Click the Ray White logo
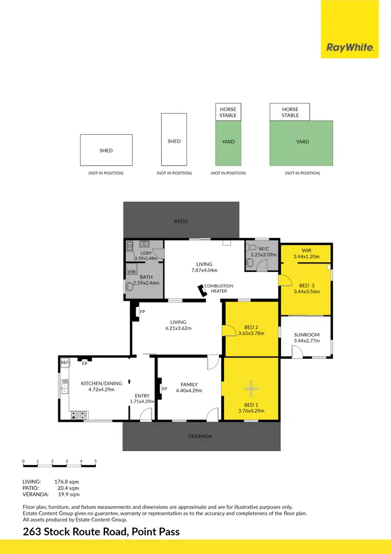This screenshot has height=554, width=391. tap(350, 48)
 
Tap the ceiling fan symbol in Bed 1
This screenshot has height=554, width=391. tap(251, 387)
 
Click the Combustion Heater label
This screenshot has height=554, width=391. tap(218, 288)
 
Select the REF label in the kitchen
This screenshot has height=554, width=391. tap(64, 362)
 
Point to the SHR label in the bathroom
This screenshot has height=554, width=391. tap(131, 272)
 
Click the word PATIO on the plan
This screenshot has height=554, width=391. tap(181, 221)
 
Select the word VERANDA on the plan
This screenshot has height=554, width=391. tap(201, 436)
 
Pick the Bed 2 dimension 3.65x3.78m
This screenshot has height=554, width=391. tap(251, 333)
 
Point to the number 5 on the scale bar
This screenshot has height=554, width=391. tap(95, 461)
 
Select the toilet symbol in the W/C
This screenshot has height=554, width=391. tap(252, 248)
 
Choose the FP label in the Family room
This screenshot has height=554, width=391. tap(164, 389)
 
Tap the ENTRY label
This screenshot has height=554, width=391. tap(142, 396)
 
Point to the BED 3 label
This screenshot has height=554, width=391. tap(307, 285)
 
